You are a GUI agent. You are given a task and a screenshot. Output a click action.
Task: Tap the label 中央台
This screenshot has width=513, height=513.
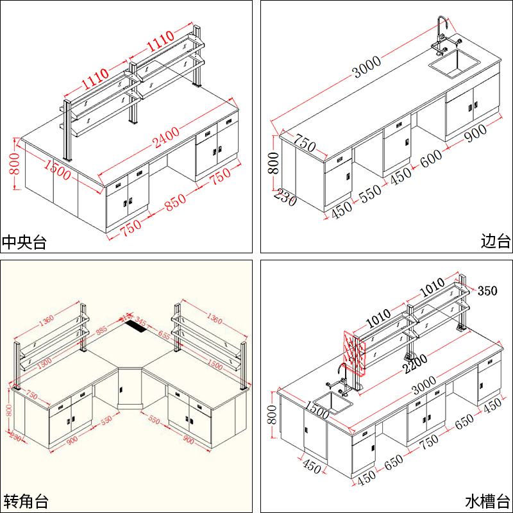[x=24, y=242]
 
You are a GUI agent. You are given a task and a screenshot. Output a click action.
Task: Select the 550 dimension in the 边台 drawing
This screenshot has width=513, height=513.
[x=370, y=191]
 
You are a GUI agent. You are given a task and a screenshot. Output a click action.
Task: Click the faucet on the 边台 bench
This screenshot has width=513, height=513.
[x=443, y=35]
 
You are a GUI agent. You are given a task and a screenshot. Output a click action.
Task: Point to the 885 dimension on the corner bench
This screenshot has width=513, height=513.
[x=101, y=332]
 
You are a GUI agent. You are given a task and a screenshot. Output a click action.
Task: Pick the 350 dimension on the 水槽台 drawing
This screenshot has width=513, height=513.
[x=487, y=290]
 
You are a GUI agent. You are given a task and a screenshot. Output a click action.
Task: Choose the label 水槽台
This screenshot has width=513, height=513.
[x=489, y=500]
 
